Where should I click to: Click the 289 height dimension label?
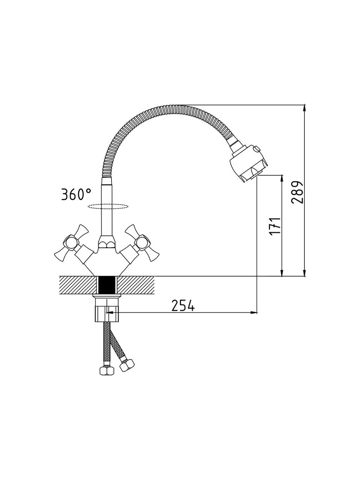click(297, 192)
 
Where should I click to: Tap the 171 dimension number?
click(275, 226)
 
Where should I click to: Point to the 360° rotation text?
click(76, 194)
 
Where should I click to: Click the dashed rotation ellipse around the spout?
click(108, 206)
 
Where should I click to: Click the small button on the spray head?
click(256, 149)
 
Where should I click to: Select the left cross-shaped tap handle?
click(72, 243)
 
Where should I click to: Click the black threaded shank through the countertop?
click(107, 285)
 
